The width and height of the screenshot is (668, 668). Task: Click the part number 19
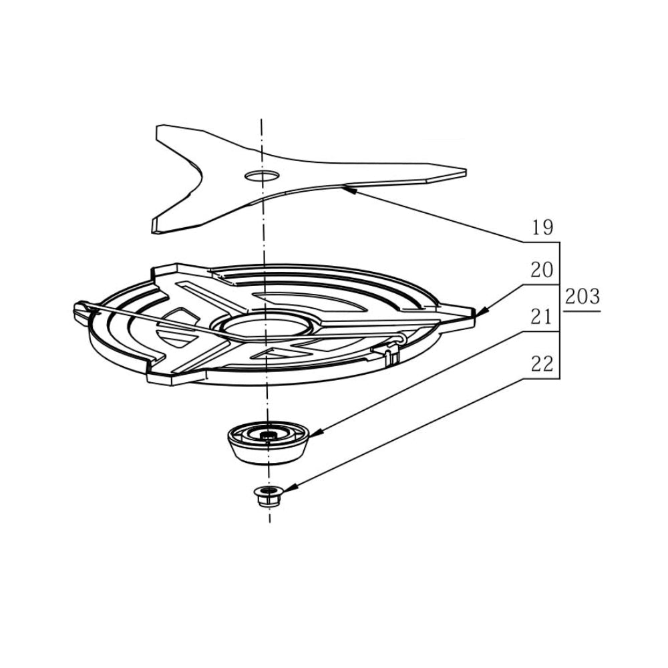(542, 228)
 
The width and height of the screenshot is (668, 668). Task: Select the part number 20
(542, 271)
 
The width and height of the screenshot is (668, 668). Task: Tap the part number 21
(542, 317)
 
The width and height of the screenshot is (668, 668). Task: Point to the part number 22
(542, 365)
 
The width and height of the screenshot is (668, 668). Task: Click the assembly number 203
(582, 297)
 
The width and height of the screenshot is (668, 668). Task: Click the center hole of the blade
(262, 176)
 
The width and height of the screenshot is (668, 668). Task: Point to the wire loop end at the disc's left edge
(79, 309)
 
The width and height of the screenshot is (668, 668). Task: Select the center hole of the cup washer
(268, 436)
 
